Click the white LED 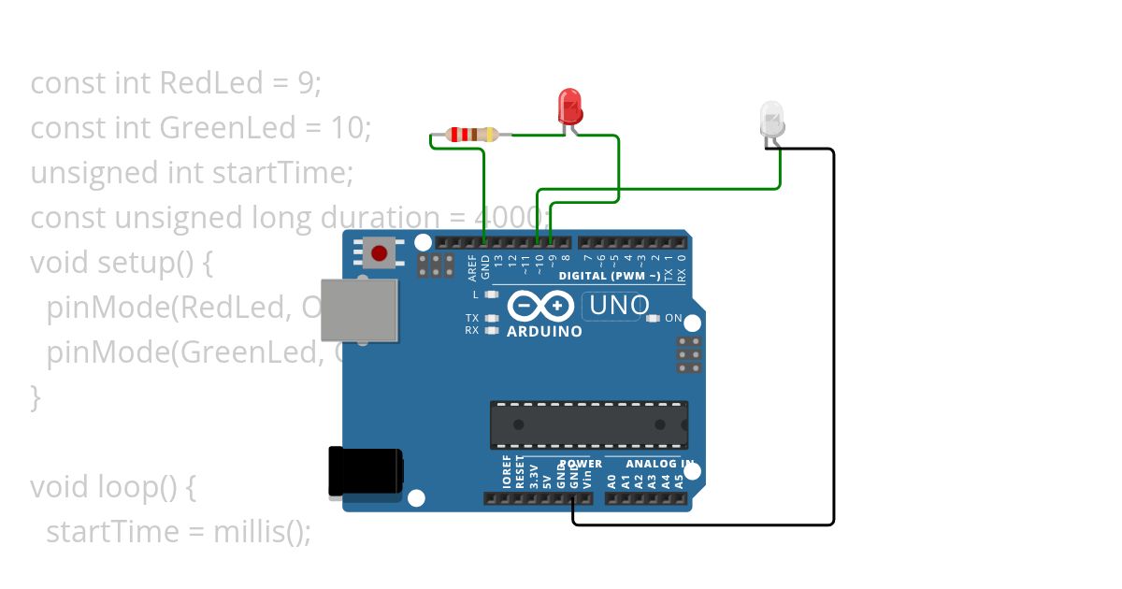772,120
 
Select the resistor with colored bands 472,135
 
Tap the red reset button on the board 380,252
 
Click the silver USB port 358,309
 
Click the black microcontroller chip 589,424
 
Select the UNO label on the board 619,305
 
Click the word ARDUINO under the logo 544,331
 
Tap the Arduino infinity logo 540,306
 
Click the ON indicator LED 654,319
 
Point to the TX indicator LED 490,319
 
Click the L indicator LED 490,294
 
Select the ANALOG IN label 659,464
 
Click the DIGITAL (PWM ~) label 609,276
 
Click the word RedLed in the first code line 211,83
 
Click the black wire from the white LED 833,337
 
